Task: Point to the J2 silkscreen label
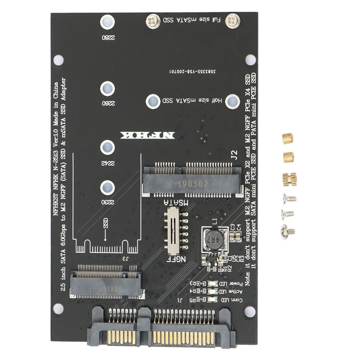pos(233,156)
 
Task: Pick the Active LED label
pos(234,292)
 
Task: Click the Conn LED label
pos(234,300)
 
